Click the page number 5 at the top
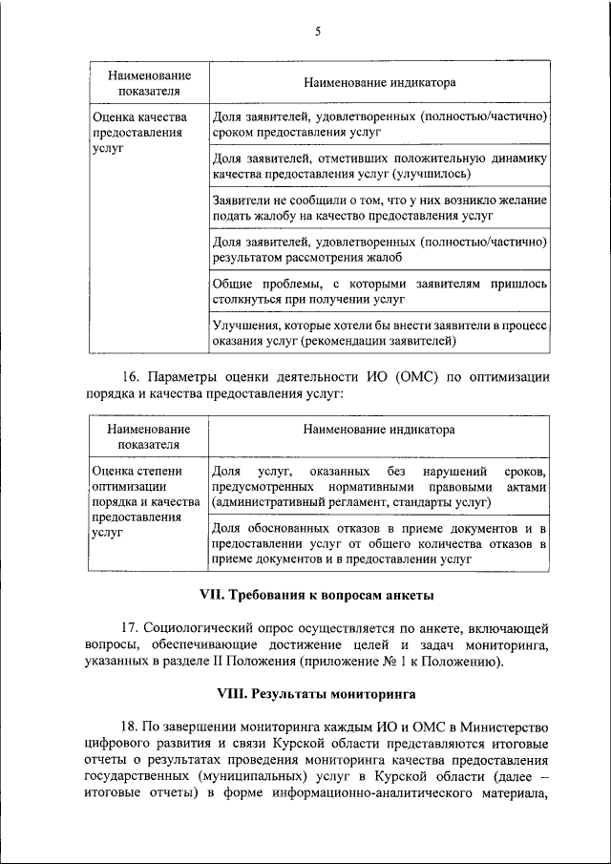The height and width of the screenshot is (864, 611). pos(318,32)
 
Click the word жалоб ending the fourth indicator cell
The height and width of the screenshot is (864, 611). pos(383,258)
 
